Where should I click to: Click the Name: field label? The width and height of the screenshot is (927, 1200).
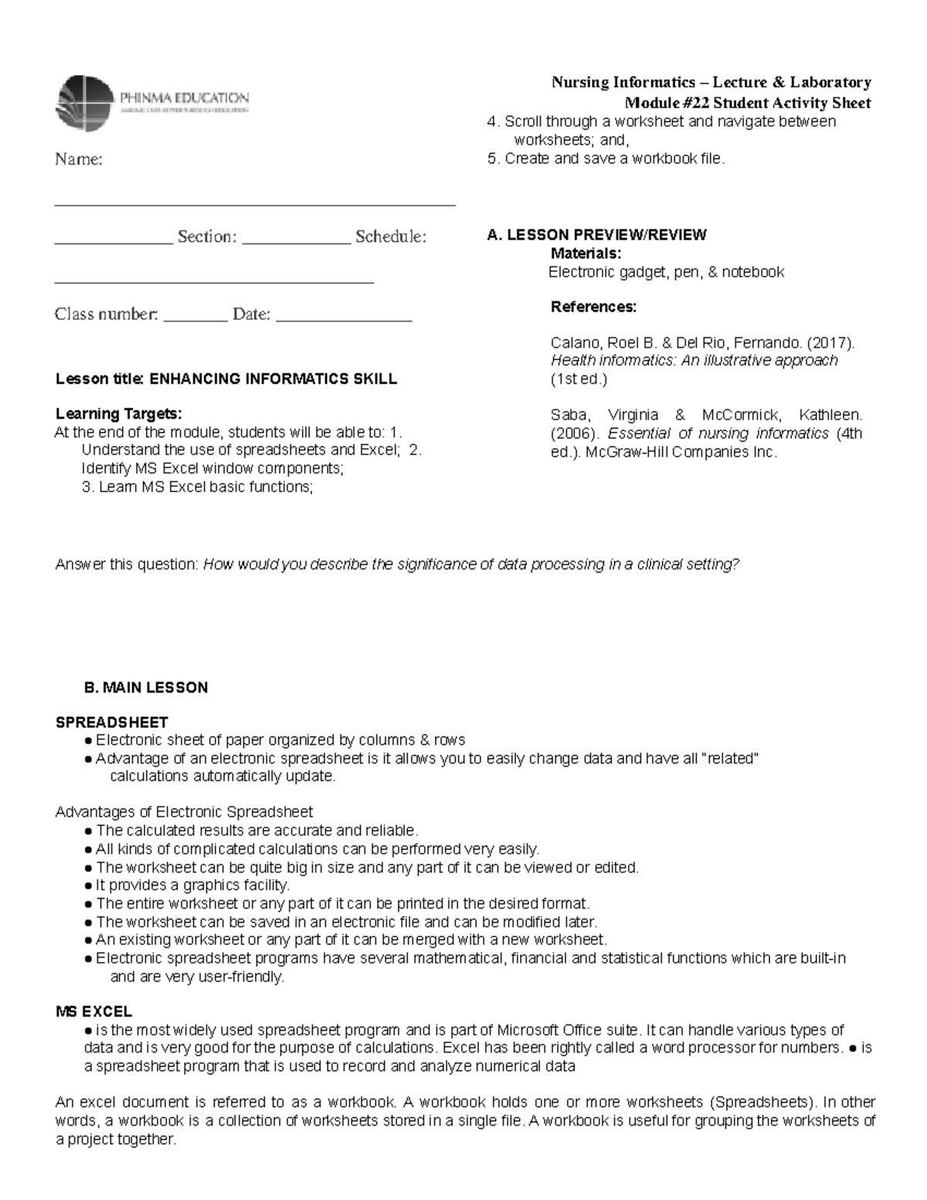(x=78, y=160)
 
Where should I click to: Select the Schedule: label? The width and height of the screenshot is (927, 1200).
(x=390, y=236)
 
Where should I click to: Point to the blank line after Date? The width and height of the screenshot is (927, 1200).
(x=344, y=318)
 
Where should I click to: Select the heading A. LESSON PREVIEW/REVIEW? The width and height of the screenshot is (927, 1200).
(x=596, y=235)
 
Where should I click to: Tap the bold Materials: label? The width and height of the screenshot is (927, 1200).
(x=586, y=253)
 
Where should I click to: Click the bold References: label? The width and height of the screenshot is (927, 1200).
(x=593, y=307)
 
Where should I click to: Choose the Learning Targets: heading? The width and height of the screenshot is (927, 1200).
(x=118, y=413)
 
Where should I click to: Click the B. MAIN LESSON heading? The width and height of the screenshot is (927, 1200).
(x=145, y=688)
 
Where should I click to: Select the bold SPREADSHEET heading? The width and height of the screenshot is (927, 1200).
(x=111, y=722)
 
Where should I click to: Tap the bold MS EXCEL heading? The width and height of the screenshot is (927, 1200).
(x=93, y=1011)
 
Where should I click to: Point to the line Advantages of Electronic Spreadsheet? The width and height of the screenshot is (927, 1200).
(x=184, y=812)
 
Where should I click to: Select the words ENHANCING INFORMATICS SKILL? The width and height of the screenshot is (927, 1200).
(x=273, y=379)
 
